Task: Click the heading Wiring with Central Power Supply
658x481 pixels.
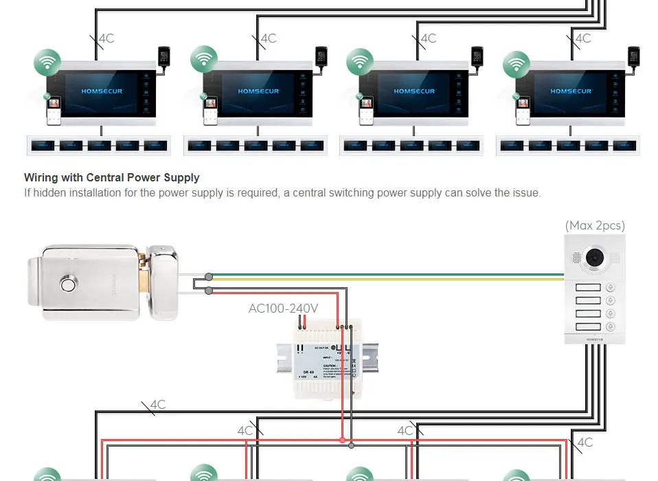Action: tap(112, 177)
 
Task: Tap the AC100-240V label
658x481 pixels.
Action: tap(283, 309)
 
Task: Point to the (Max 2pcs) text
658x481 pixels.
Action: tap(595, 225)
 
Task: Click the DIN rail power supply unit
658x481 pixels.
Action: tap(326, 360)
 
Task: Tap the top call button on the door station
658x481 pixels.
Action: tap(588, 288)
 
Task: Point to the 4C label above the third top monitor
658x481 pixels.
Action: tap(429, 38)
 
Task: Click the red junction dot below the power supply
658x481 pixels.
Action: tap(342, 440)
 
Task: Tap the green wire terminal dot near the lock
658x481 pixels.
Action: tap(209, 277)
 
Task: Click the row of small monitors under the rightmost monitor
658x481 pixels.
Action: tap(570, 146)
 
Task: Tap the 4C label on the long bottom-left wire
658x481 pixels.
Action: tap(158, 405)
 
